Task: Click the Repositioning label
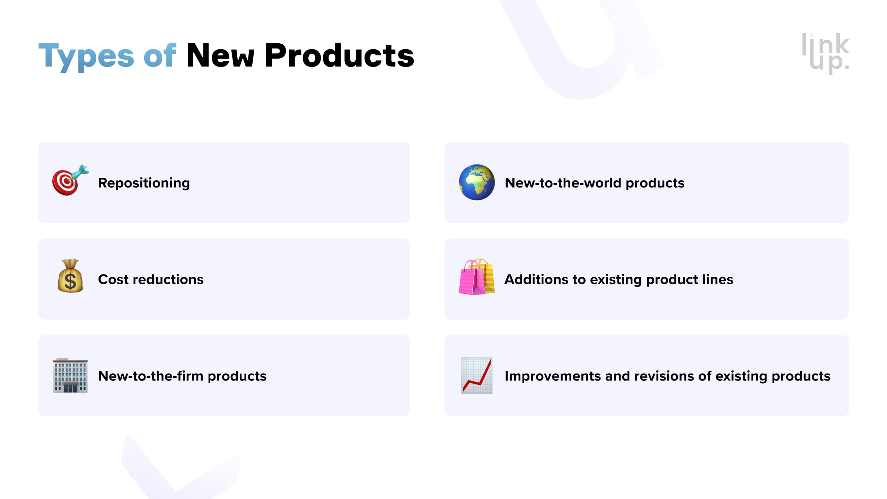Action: click(144, 183)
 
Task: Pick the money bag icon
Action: click(70, 276)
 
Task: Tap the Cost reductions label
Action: click(151, 279)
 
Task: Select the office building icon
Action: click(70, 375)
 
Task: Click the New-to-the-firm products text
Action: click(182, 376)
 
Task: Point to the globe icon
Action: click(477, 182)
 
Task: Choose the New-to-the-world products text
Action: click(594, 183)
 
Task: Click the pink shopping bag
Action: click(471, 279)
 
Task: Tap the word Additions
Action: click(536, 279)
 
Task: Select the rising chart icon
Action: click(477, 375)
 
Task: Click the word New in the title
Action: click(220, 55)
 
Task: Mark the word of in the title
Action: click(160, 55)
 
